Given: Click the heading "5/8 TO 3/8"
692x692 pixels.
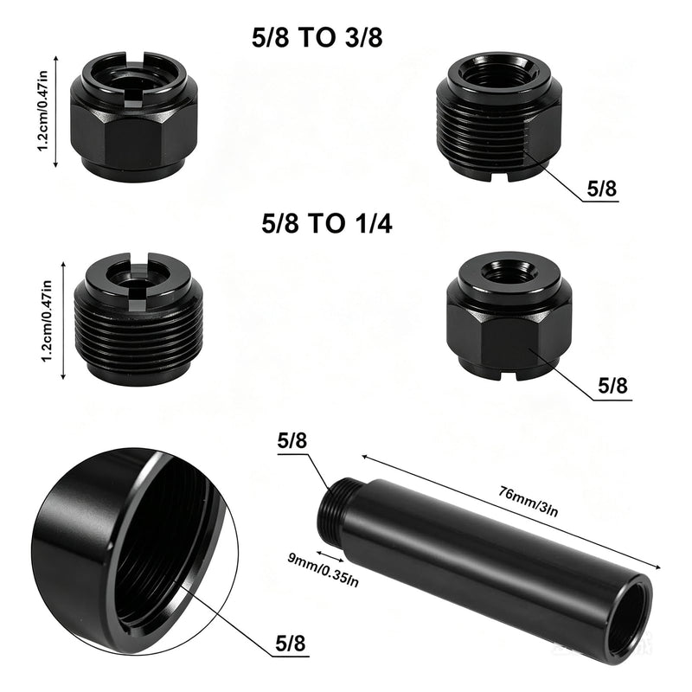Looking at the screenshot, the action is pos(317,37).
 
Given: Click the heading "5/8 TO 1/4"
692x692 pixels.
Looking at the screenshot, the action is pos(327,223).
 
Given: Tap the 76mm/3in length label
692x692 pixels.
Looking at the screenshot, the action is pos(529,501).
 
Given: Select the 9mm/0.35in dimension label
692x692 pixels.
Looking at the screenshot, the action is pos(323,570).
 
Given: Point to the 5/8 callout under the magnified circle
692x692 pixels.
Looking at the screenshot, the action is pos(291,644).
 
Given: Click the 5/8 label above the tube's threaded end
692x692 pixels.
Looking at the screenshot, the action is pos(292,441).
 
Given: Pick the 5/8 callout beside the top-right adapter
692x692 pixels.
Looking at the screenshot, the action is pos(601,189).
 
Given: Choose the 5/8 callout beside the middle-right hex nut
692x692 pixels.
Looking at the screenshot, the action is pos(612,386).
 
